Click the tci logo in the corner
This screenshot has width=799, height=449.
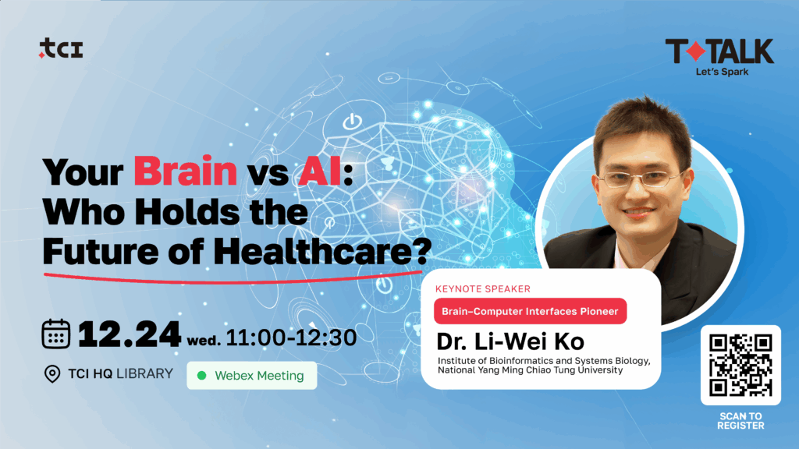61,48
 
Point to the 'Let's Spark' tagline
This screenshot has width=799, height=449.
722,72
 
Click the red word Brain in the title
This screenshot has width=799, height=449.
186,171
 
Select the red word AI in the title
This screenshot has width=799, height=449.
320,171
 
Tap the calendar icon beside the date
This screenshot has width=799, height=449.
56,334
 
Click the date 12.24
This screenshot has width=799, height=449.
130,334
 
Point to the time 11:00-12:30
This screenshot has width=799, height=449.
291,338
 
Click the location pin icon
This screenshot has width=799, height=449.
52,374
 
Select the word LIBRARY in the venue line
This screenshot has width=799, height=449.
144,373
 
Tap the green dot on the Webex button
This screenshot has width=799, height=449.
202,375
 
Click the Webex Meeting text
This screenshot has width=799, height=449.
259,376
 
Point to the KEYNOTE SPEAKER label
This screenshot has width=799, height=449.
482,288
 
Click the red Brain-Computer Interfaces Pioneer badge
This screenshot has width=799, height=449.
530,311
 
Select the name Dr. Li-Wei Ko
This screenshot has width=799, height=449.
510,341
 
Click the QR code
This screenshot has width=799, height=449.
740,365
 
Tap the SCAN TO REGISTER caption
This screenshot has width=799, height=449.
741,421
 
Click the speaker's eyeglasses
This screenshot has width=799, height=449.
641,179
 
